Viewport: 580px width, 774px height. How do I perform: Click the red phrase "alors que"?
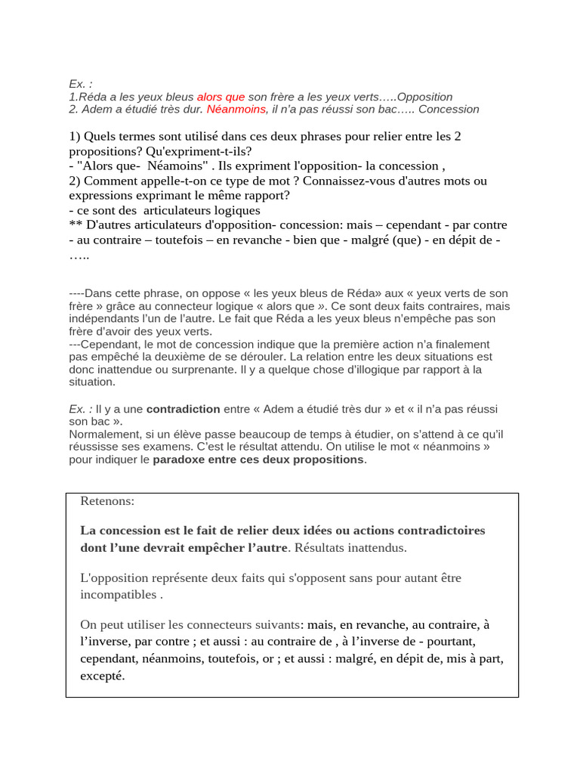221,97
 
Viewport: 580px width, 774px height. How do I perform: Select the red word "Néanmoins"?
236,109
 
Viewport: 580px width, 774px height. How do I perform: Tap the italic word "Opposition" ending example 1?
424,97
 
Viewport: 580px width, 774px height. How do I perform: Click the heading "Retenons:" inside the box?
107,501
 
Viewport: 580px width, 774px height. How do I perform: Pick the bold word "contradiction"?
183,409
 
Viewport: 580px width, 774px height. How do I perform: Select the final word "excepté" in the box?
102,676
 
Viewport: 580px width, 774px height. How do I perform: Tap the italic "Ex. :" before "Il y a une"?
81,409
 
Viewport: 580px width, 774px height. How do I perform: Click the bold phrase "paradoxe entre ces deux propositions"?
258,459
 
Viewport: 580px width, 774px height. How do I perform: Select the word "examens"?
160,446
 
